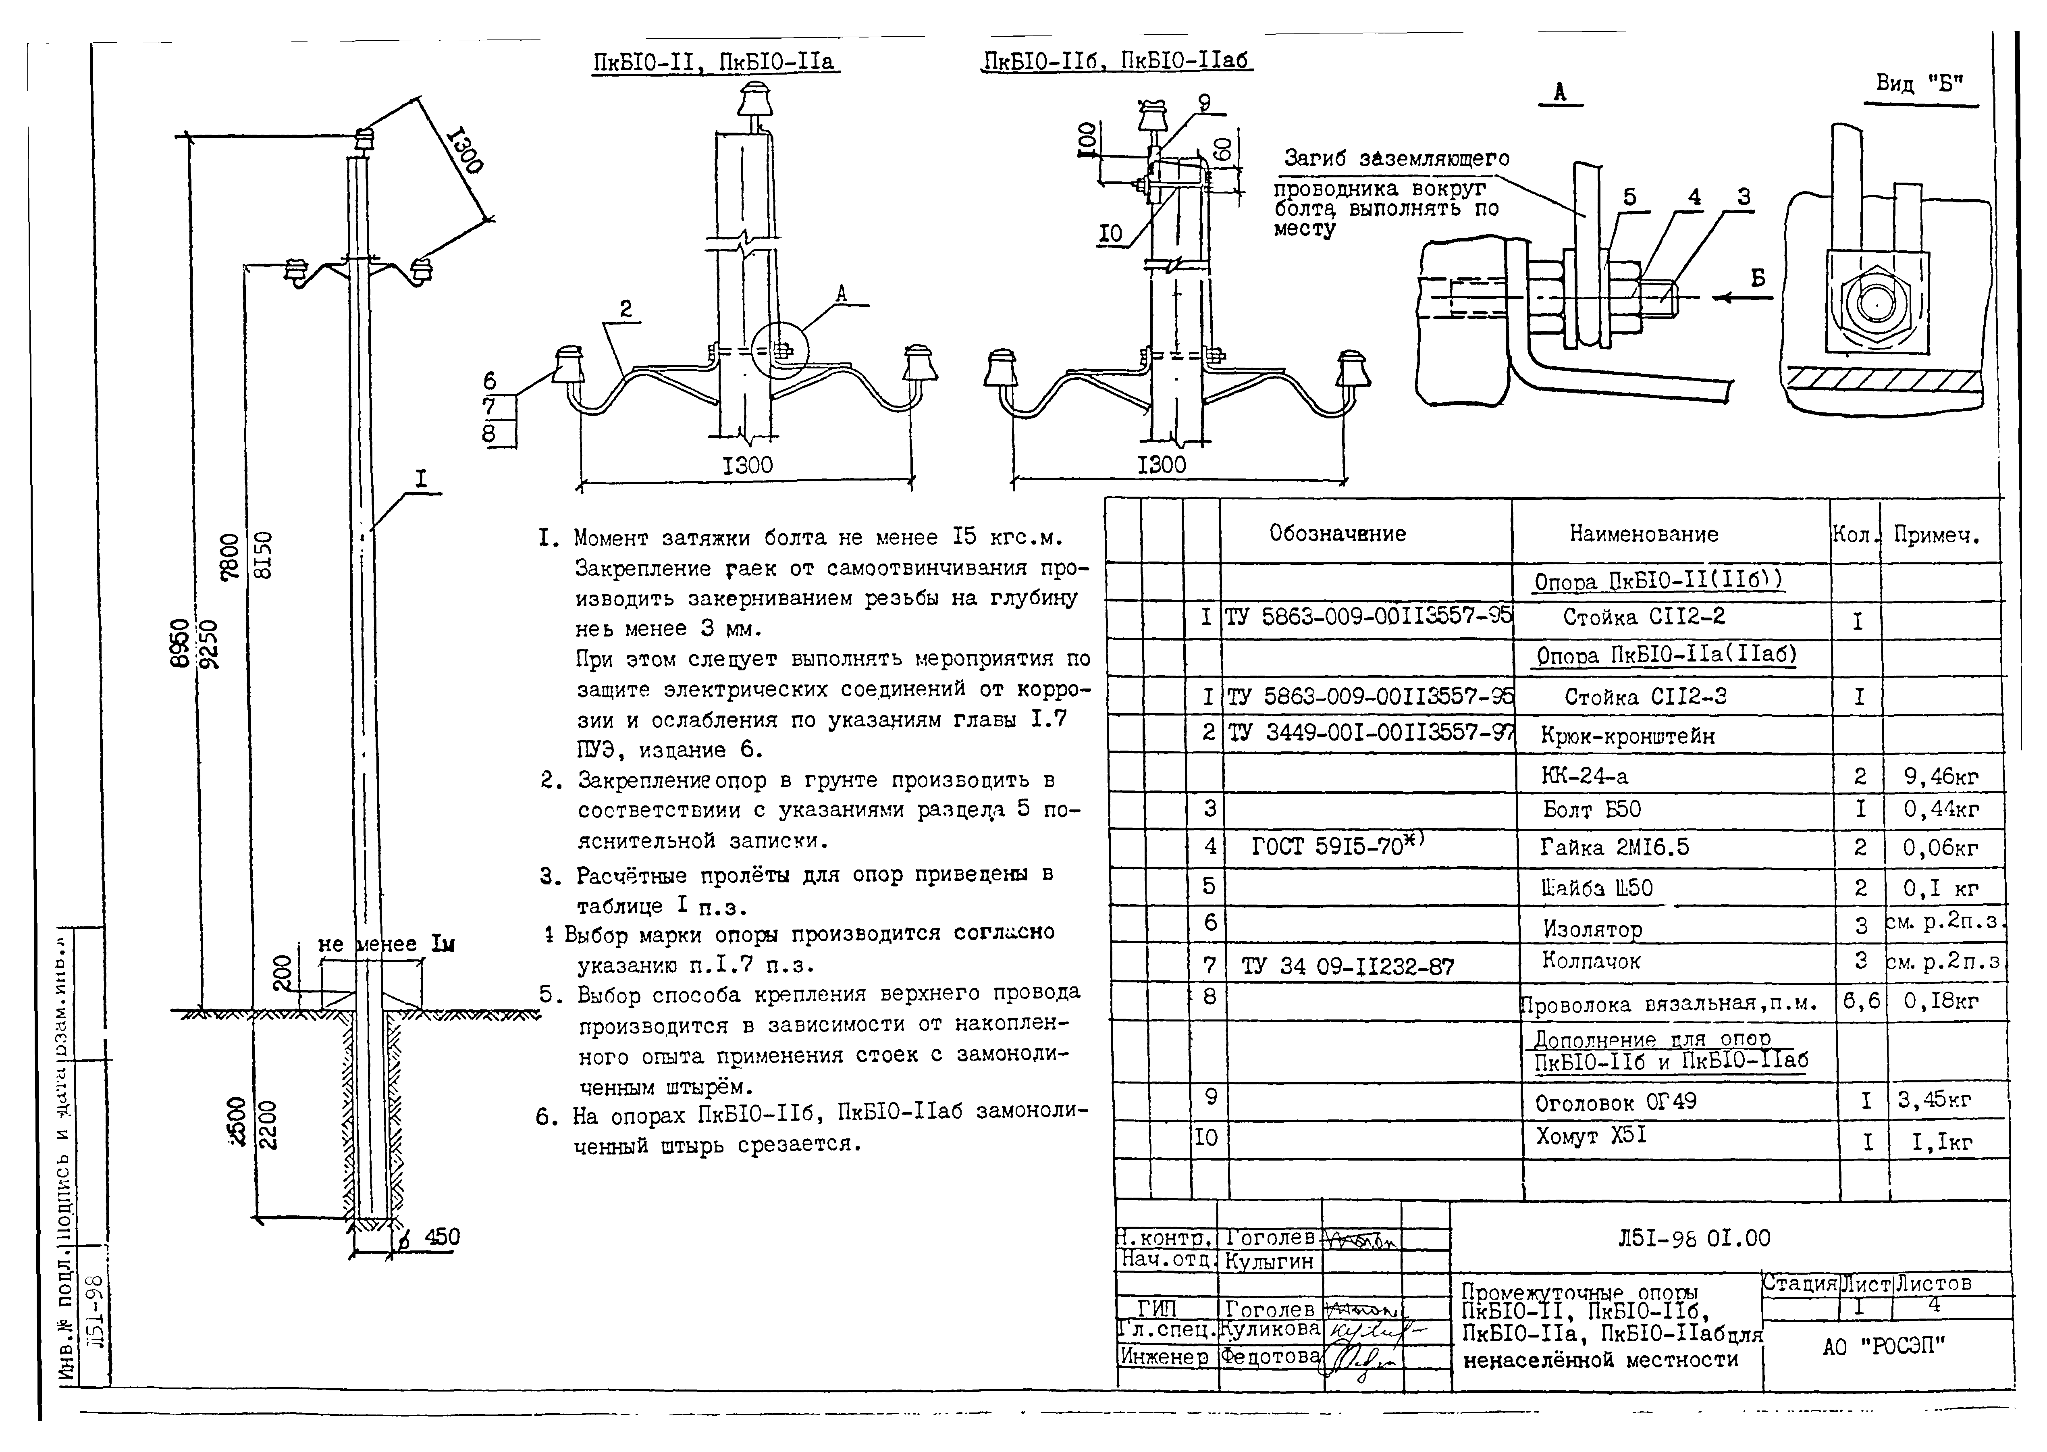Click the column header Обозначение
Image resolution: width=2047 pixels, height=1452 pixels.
pos(1337,534)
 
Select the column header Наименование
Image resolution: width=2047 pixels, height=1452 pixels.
pos(1643,535)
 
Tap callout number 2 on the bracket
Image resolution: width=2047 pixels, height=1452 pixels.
pos(626,309)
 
